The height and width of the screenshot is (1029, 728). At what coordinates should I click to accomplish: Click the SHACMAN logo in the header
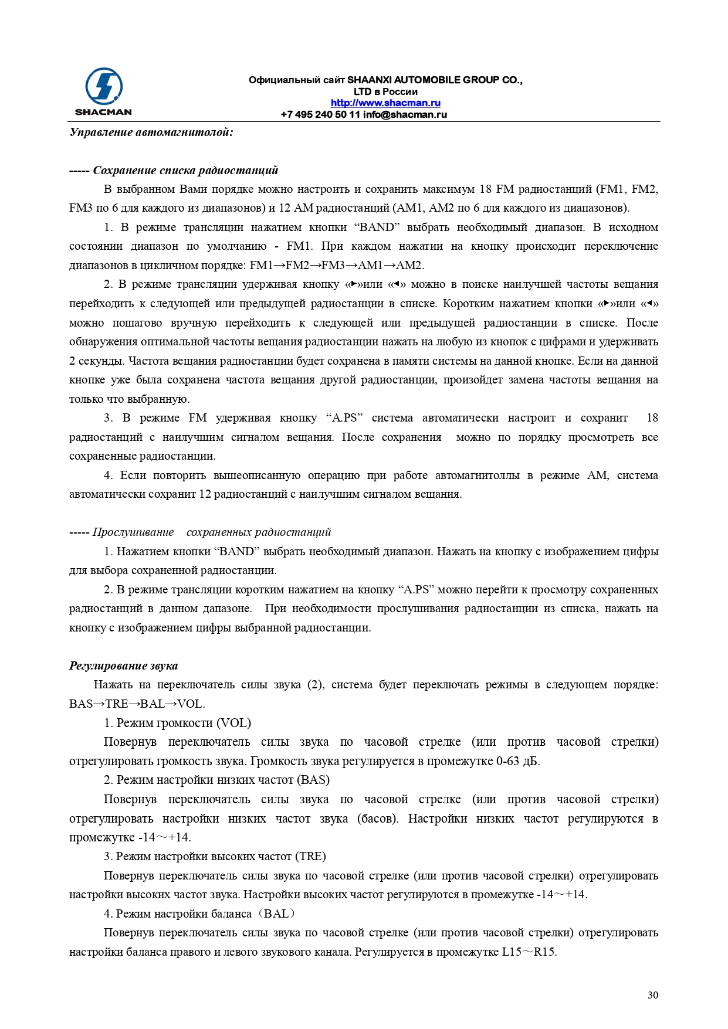(103, 91)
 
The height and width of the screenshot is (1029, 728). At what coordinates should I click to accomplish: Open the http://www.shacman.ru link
(385, 103)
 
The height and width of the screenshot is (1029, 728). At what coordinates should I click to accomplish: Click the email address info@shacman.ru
(405, 114)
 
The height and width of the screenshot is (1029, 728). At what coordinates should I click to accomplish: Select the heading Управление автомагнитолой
(151, 133)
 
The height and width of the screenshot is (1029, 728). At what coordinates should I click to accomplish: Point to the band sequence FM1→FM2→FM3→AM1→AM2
(336, 266)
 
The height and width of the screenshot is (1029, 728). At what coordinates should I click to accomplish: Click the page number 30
(653, 995)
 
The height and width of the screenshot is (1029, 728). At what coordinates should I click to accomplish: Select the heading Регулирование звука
(123, 666)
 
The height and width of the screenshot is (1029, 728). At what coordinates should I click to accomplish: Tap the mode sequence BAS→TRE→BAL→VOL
(137, 704)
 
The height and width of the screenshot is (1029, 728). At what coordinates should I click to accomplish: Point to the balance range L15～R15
(529, 952)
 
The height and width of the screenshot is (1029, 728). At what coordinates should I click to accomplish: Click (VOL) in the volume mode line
(233, 724)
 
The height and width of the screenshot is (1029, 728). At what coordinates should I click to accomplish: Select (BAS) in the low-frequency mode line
(313, 780)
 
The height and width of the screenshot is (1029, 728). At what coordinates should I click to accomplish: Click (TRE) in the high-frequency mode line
(310, 857)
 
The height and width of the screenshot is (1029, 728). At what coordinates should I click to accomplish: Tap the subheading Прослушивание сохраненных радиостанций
(211, 532)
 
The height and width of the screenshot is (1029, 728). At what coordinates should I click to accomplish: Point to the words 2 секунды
(96, 361)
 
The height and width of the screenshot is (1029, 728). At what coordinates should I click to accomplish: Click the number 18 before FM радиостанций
(485, 189)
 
